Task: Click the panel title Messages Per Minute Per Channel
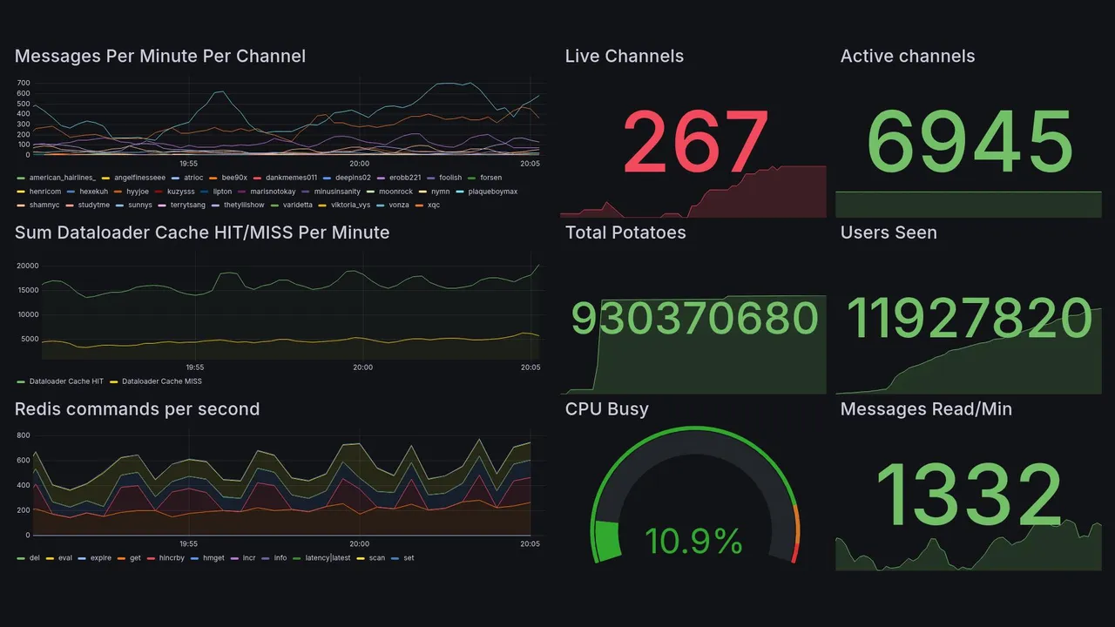click(160, 57)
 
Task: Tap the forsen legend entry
click(490, 178)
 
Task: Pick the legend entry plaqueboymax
click(492, 192)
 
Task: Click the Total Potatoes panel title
click(625, 233)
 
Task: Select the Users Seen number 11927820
click(970, 319)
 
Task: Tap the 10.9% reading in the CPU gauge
click(693, 542)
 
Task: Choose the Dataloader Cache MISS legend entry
click(161, 381)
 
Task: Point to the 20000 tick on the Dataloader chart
click(28, 266)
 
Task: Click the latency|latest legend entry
click(327, 557)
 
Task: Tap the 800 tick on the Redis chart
click(23, 435)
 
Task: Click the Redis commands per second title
click(137, 409)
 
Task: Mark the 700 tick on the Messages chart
click(23, 83)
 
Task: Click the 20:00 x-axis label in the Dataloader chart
click(362, 367)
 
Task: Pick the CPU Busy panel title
click(606, 409)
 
